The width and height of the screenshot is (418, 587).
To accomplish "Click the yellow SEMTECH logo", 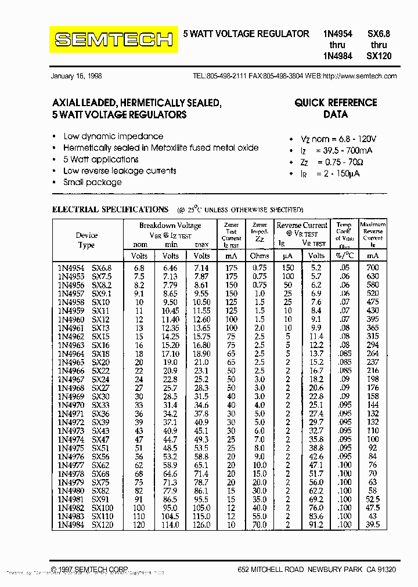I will (113, 39).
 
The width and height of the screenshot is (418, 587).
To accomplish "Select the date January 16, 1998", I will (76, 76).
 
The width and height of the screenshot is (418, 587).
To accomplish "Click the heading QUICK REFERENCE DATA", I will (336, 108).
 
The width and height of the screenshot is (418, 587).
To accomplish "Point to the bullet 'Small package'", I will (92, 182).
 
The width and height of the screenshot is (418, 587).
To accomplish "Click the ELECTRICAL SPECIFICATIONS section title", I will (110, 209).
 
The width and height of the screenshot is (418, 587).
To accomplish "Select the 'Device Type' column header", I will (87, 240).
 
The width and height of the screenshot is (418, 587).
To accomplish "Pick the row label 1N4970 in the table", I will (70, 405).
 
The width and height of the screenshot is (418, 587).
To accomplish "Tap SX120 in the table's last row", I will (102, 525).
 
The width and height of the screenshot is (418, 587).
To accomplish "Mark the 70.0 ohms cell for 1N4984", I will (260, 525).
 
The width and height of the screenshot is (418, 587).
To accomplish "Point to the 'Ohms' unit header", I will (260, 256).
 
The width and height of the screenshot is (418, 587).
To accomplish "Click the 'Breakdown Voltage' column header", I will (170, 226).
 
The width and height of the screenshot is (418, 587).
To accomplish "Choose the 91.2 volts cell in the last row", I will (316, 525).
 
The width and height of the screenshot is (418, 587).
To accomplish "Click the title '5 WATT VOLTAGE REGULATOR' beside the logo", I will (246, 34).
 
